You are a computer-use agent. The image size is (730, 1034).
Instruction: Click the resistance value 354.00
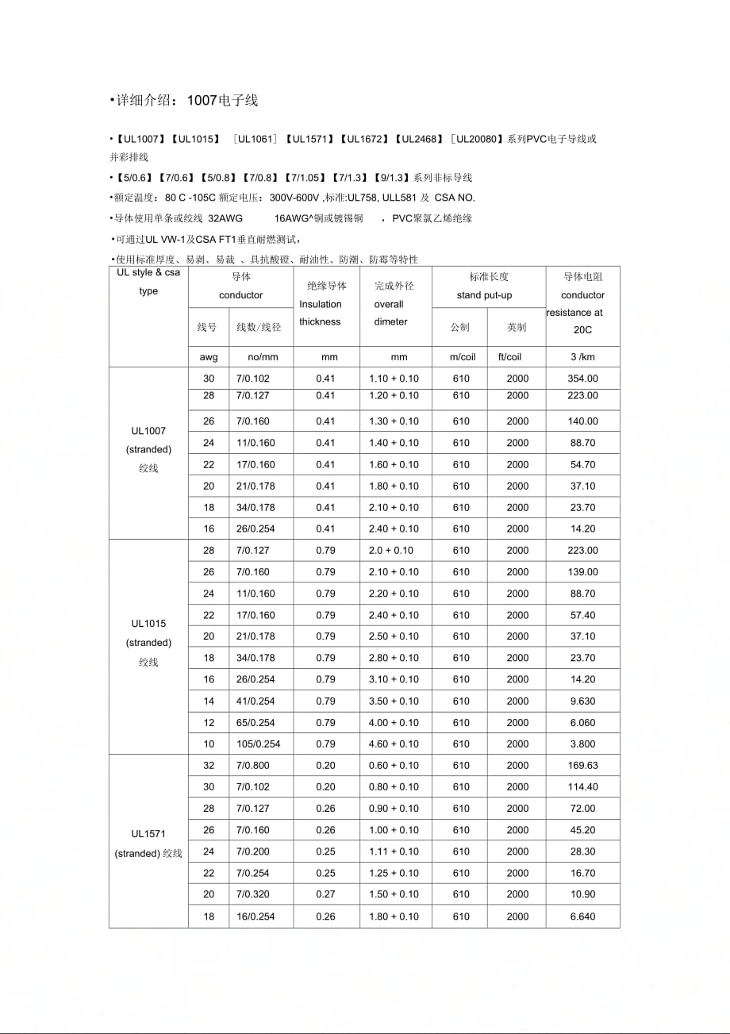[x=582, y=379]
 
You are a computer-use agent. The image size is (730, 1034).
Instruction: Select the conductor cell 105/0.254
[x=259, y=744]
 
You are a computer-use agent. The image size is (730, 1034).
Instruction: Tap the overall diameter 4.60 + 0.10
[x=394, y=744]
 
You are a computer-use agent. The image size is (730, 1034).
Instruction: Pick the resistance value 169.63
[x=582, y=766]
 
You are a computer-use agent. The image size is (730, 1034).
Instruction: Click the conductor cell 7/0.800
[x=253, y=766]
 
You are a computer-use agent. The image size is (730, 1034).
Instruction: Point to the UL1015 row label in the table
[x=148, y=624]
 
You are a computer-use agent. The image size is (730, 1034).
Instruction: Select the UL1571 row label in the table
[x=148, y=833]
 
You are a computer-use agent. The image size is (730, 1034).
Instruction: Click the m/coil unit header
[x=462, y=357]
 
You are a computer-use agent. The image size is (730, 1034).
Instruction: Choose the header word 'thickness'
[x=320, y=321]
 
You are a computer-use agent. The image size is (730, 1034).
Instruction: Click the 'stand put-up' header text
[x=484, y=295]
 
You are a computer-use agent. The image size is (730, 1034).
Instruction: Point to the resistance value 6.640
[x=582, y=917]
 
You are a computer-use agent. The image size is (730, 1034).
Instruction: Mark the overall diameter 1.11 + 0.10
[x=394, y=851]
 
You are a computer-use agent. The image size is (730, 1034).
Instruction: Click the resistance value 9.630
[x=582, y=702]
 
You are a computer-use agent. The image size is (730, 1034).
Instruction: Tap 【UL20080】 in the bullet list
[x=477, y=139]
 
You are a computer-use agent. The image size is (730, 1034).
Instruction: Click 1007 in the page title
[x=202, y=101]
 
